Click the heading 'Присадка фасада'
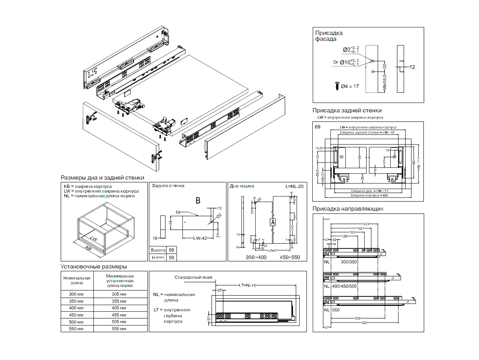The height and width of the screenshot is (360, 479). (x=328, y=36)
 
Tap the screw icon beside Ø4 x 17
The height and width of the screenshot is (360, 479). (x=337, y=85)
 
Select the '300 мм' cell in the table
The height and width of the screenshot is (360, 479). (x=76, y=294)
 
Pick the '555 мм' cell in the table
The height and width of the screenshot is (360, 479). (x=119, y=329)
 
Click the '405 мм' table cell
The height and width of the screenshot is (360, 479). (x=119, y=308)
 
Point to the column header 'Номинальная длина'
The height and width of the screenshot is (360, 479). (x=77, y=280)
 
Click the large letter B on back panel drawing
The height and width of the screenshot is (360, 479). (x=198, y=201)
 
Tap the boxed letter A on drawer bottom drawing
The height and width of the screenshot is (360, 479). (x=273, y=222)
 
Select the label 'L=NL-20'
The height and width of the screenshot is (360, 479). (x=294, y=186)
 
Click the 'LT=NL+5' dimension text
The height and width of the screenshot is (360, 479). (x=247, y=285)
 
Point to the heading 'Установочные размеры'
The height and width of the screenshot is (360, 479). (x=94, y=267)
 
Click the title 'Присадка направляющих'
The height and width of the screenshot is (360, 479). (x=348, y=209)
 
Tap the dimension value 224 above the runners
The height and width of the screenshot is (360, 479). (x=366, y=224)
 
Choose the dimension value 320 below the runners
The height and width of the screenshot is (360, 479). (x=364, y=323)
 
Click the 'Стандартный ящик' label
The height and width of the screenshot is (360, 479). (x=194, y=277)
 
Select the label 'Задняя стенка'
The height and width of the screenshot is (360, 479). (x=168, y=186)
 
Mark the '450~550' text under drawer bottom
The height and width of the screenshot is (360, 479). (x=290, y=257)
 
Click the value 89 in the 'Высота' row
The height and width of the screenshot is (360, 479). (x=171, y=250)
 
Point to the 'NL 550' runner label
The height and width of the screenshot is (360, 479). (x=332, y=310)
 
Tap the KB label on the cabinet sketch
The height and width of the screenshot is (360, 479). (x=88, y=249)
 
